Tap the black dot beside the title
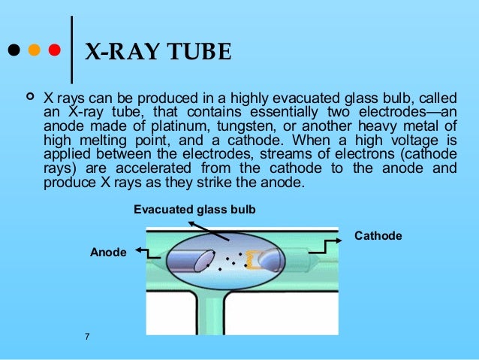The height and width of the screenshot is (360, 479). coord(13,53)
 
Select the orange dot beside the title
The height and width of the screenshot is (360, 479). coord(33,53)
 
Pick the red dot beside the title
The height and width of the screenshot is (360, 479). coord(53,53)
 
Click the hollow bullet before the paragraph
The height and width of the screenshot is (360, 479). coord(31,98)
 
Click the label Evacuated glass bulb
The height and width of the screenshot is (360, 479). coord(194,209)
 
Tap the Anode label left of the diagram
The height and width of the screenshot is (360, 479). coord(107,253)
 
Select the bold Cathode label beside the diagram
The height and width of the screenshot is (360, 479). coord(378,236)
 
